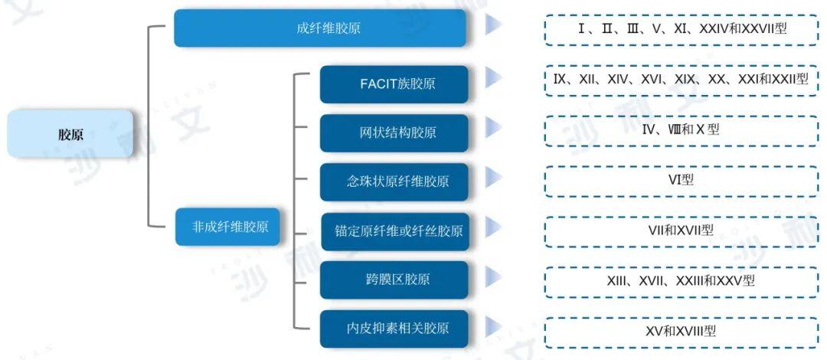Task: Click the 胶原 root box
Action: (70, 134)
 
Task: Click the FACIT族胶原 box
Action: (394, 83)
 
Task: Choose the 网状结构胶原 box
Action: (394, 133)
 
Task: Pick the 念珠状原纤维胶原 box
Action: (394, 182)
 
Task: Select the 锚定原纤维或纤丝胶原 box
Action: (394, 231)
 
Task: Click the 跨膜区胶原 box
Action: (394, 280)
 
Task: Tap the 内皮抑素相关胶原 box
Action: (394, 329)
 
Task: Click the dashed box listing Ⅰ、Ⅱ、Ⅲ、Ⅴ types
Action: (681, 29)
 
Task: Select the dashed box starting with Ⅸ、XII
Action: (681, 79)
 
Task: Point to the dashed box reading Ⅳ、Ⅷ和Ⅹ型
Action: (681, 130)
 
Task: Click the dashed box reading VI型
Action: (681, 181)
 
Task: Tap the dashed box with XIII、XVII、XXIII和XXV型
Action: (681, 281)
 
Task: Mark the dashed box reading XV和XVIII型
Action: (681, 332)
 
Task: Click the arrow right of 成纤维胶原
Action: (493, 25)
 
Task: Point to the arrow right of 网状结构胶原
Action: (493, 126)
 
